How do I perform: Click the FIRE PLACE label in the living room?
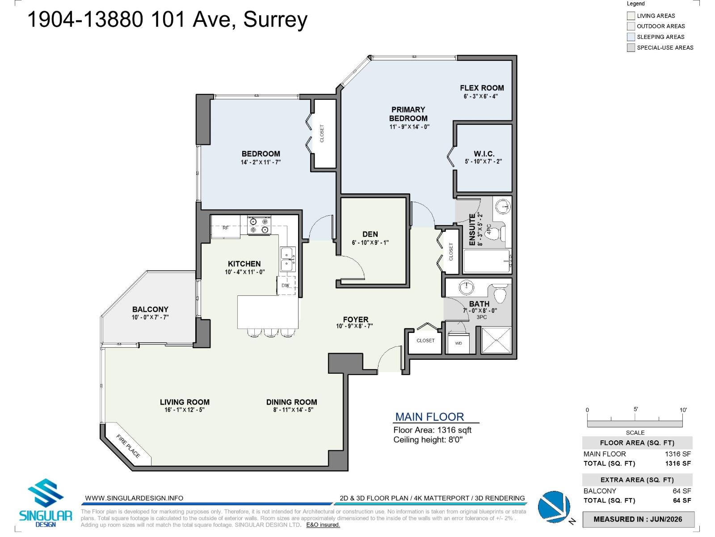tap(128, 446)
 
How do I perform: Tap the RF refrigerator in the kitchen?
tap(226, 226)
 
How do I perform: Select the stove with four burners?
tap(259, 225)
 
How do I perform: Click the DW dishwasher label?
tap(286, 286)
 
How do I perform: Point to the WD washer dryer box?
tap(458, 343)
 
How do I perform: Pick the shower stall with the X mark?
tap(496, 340)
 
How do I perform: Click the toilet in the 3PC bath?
tap(500, 294)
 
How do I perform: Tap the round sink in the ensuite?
tap(503, 206)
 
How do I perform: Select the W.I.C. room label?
tap(484, 153)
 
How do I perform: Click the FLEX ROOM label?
tap(482, 88)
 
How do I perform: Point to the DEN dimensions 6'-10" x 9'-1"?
tap(370, 243)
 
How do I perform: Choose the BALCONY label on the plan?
tap(150, 309)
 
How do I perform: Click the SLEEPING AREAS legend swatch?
tap(631, 37)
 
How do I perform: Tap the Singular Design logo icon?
tap(45, 492)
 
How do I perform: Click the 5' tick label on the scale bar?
tap(635, 409)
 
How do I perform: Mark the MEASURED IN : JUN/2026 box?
tap(638, 519)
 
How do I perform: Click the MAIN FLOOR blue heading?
tap(429, 417)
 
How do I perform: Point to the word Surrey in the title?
tap(275, 20)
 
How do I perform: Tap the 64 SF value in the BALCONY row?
tap(681, 491)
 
